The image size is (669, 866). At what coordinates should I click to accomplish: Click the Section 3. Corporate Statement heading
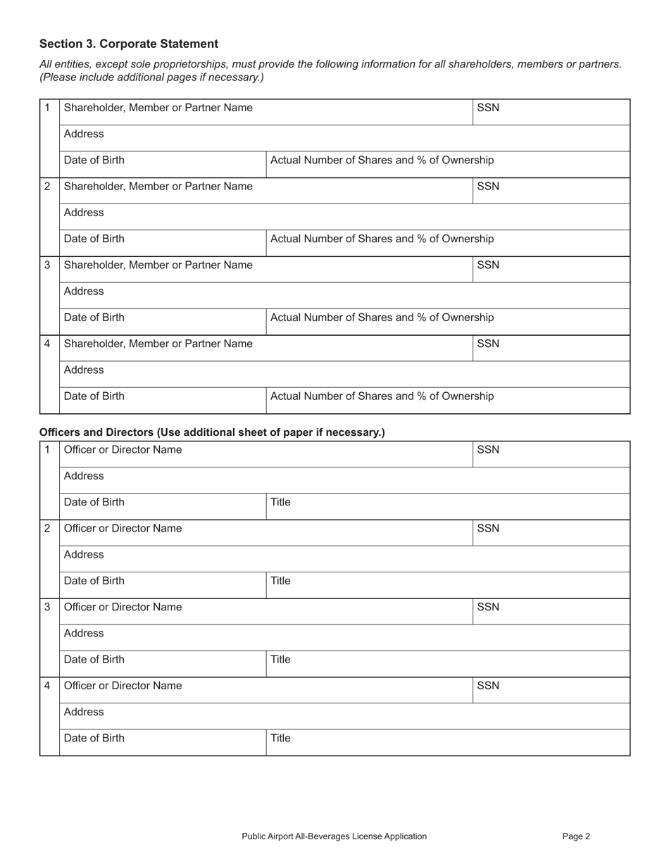[129, 44]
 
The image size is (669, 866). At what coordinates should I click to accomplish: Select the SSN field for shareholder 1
[551, 112]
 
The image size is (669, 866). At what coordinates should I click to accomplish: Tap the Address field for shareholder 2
[344, 217]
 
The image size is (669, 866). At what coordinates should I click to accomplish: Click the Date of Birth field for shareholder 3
[163, 322]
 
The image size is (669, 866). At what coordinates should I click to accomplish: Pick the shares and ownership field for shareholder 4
[448, 401]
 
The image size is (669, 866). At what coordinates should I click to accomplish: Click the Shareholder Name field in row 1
[265, 112]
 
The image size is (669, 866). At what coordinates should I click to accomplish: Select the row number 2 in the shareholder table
[48, 187]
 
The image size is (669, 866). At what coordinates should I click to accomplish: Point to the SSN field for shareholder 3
[551, 270]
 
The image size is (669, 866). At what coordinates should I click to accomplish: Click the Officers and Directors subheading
[212, 432]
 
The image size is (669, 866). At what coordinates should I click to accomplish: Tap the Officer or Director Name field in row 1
[265, 454]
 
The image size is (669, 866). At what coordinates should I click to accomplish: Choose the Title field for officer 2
[448, 585]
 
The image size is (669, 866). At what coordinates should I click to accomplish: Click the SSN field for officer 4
[551, 690]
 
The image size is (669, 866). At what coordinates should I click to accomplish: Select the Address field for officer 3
[344, 637]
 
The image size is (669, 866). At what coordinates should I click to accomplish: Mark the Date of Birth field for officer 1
[163, 506]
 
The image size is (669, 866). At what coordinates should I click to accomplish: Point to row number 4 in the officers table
[48, 686]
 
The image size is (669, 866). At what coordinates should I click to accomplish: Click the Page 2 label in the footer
[576, 836]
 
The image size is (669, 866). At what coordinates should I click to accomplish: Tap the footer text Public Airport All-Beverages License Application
[334, 836]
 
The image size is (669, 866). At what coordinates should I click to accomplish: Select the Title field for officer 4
[448, 742]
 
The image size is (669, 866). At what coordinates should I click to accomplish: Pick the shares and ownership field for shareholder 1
[448, 164]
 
